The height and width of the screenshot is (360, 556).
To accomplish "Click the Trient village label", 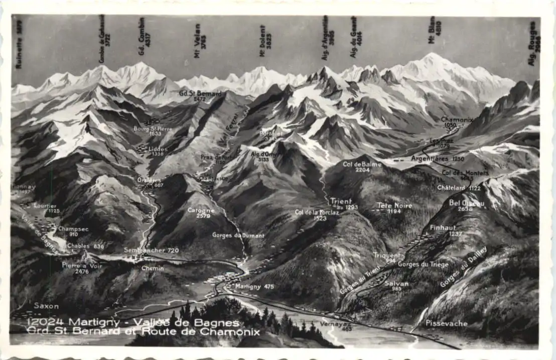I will click(x=341, y=202).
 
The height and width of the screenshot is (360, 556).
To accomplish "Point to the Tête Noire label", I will click(x=394, y=206).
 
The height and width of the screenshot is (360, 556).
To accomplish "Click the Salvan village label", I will click(x=396, y=284).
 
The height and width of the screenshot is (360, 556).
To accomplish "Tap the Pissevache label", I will click(x=446, y=323).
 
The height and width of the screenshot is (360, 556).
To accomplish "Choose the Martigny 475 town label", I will click(x=254, y=286).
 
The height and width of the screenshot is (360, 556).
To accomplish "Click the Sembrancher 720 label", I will click(x=151, y=250).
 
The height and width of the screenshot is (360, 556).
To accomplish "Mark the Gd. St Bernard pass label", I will click(x=200, y=94).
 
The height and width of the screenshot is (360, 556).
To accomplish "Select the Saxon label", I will click(x=46, y=306).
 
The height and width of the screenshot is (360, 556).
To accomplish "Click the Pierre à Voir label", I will click(x=82, y=266).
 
